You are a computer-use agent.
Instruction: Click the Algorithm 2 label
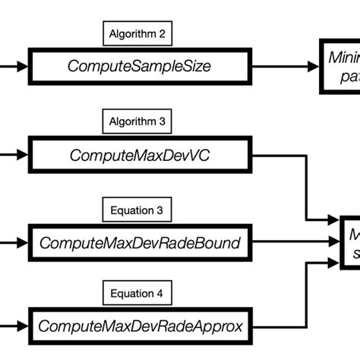pos(137,33)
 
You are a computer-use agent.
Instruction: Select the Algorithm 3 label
pos(137,120)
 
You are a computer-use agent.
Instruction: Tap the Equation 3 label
pos(137,207)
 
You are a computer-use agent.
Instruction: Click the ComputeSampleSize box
pos(138,66)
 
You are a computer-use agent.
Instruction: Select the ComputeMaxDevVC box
pos(138,155)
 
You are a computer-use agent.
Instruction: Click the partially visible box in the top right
pos(339,66)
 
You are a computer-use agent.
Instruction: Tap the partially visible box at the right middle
pos(349,242)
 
